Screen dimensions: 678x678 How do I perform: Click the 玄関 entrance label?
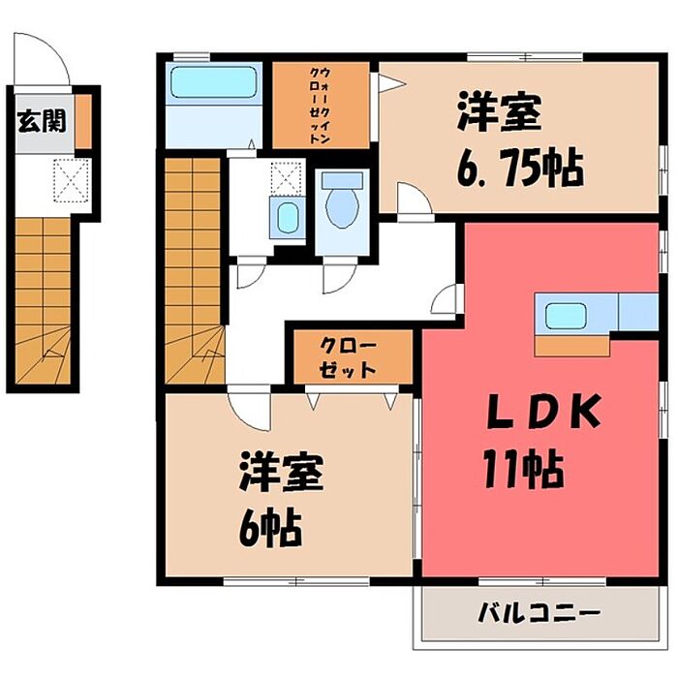click(42, 120)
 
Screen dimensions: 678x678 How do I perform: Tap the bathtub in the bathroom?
click(214, 81)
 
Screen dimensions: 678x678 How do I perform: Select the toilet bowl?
click(342, 205)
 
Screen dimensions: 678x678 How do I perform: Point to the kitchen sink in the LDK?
click(566, 316)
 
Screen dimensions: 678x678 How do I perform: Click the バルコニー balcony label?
click(539, 613)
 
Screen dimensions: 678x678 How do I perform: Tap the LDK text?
click(543, 411)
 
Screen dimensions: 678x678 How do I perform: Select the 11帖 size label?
click(524, 469)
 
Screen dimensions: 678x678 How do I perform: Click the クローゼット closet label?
click(347, 358)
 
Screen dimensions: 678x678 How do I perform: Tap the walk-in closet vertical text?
click(320, 105)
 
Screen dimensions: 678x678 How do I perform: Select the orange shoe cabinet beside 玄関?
click(83, 122)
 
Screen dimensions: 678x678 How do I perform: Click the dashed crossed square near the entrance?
click(72, 180)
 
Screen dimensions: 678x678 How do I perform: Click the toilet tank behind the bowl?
click(343, 180)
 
